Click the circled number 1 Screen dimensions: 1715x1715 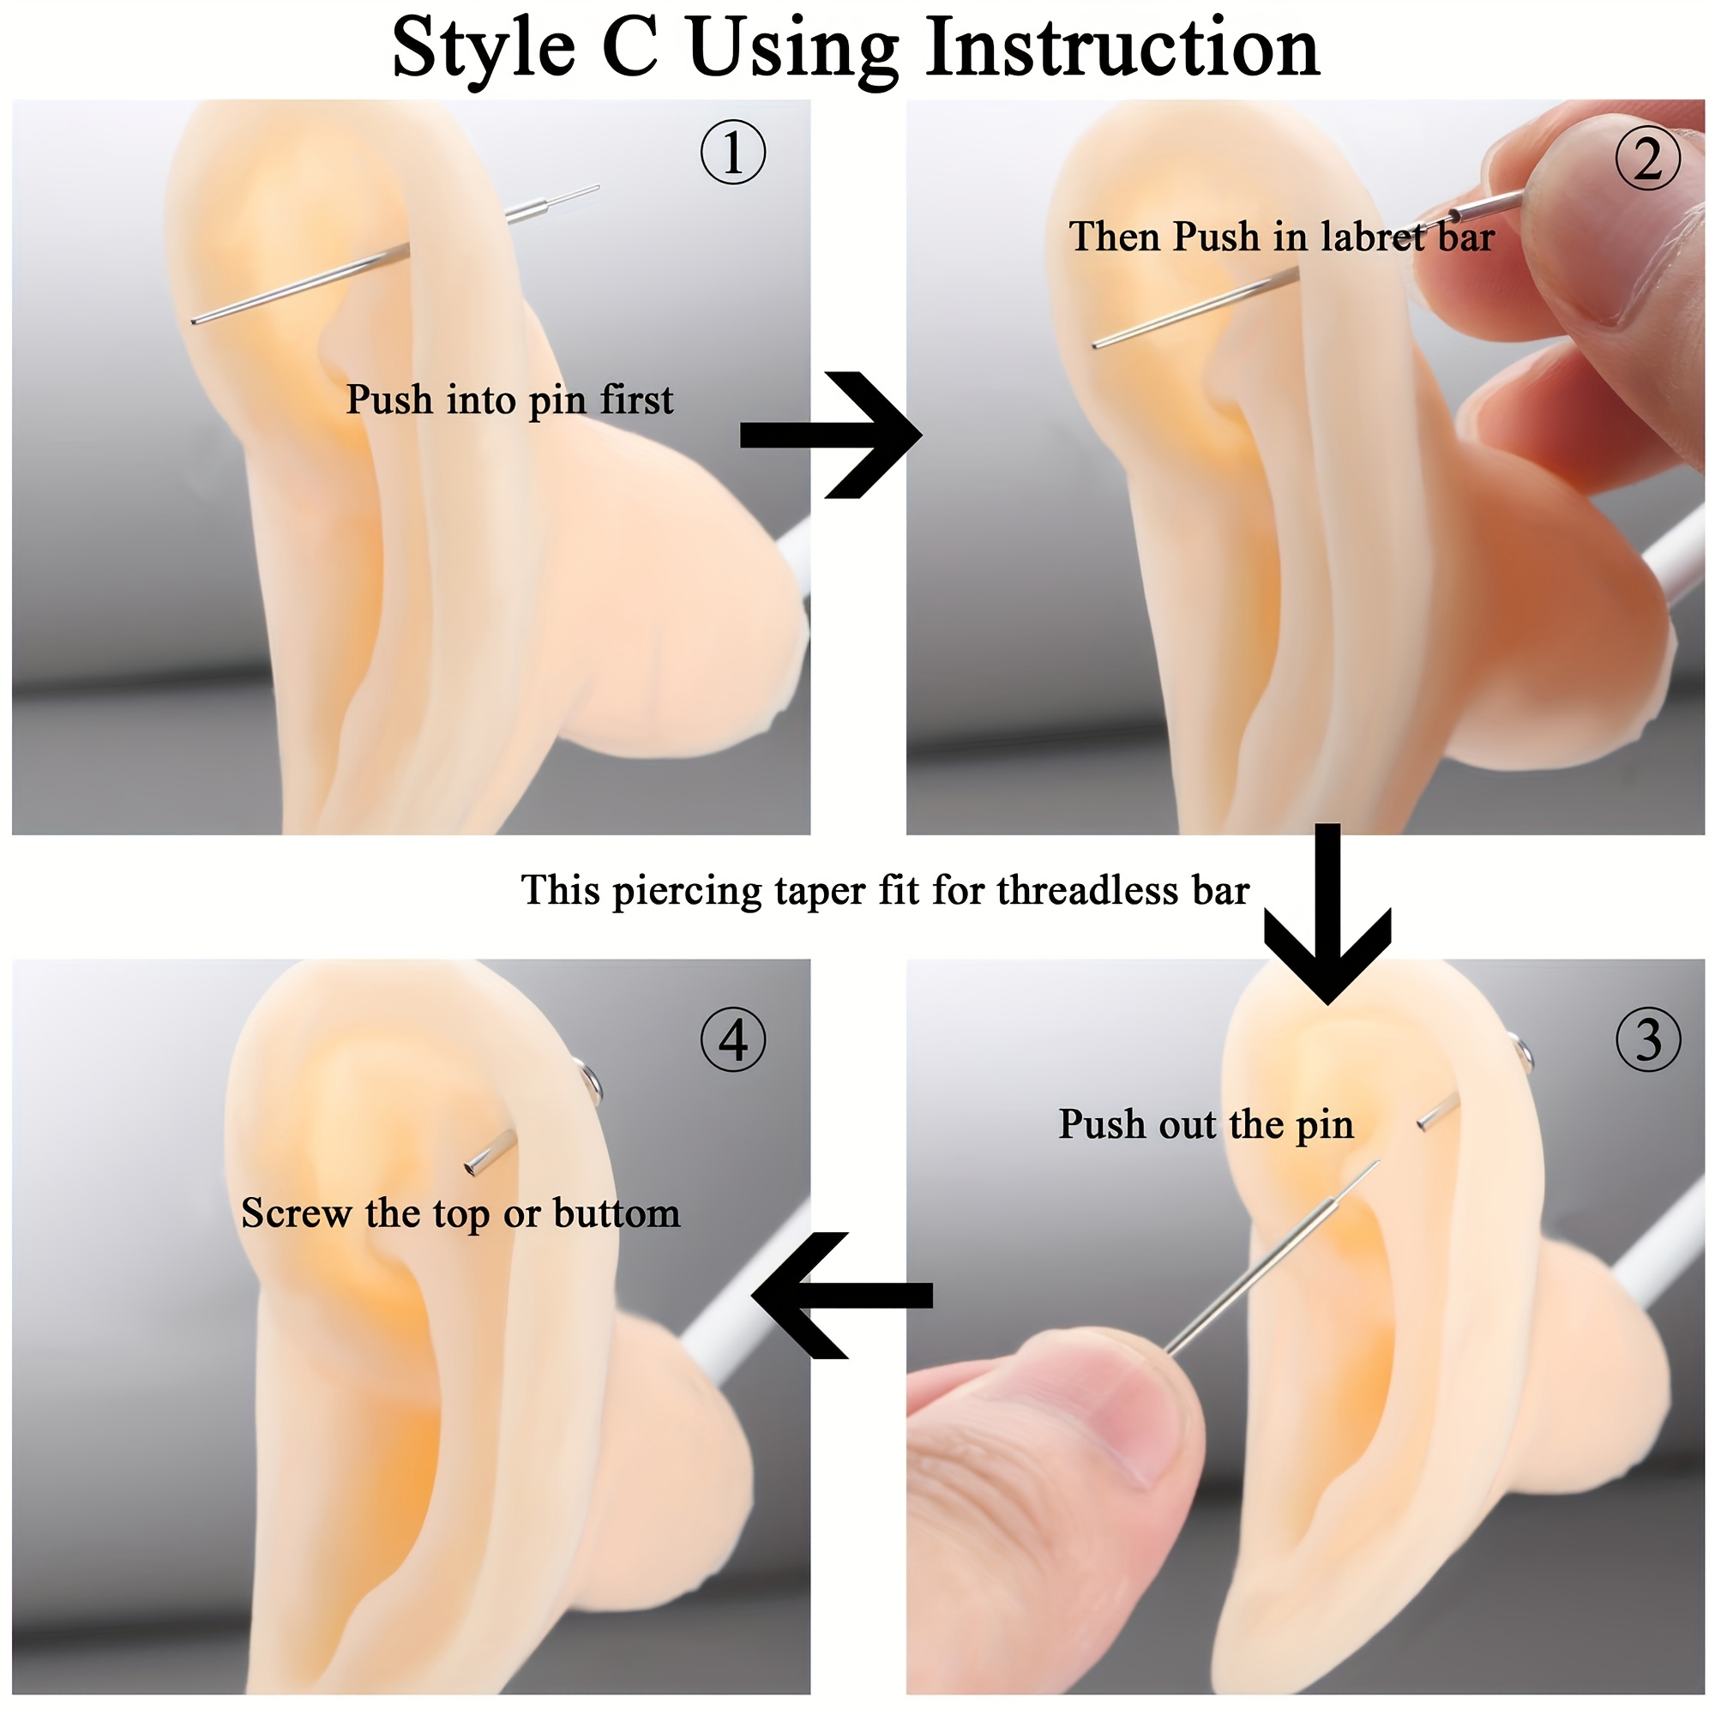tap(733, 153)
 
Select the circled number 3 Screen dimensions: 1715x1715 tap(1648, 1038)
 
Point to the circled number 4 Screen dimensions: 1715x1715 tap(733, 1038)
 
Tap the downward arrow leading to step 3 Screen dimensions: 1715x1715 tap(1327, 914)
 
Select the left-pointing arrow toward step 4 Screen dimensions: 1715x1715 tap(841, 1295)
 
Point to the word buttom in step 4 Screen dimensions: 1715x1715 tap(617, 1213)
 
